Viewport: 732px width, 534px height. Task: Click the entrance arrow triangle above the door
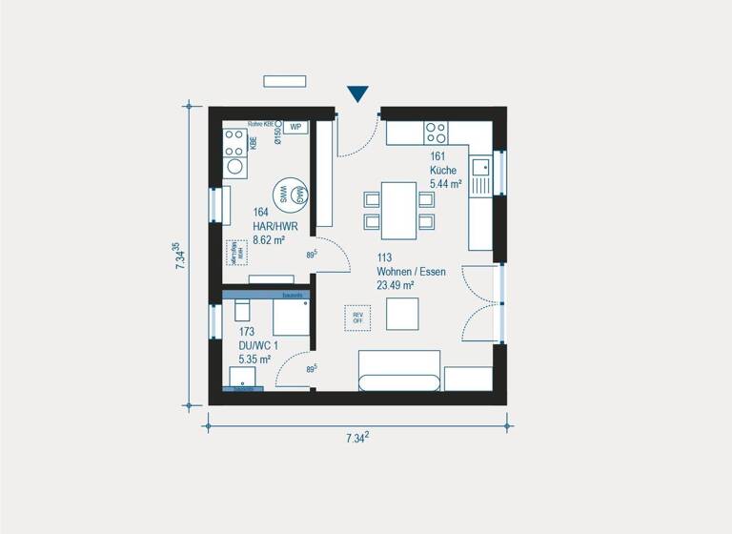click(x=357, y=93)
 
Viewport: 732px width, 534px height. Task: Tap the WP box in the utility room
click(x=295, y=126)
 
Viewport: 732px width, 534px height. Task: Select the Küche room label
click(x=443, y=170)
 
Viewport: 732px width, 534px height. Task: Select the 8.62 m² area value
click(x=270, y=240)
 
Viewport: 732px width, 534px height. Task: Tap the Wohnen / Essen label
click(x=411, y=271)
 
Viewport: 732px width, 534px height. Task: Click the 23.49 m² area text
click(x=395, y=284)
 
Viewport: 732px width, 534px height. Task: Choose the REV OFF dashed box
click(x=358, y=318)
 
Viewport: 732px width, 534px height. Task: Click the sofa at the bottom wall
click(x=398, y=371)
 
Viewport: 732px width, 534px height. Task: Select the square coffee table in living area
click(x=401, y=313)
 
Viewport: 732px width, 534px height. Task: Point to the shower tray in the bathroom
click(x=292, y=318)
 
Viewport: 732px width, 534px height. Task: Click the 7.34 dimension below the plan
click(x=357, y=438)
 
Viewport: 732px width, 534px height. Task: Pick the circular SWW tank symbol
click(x=283, y=194)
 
